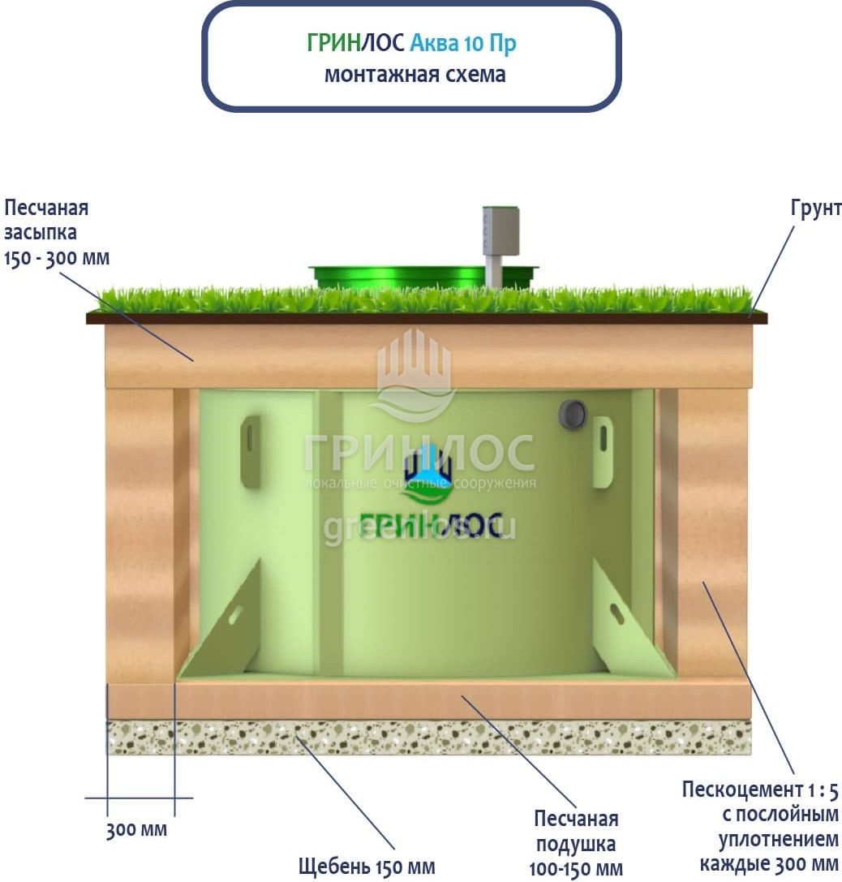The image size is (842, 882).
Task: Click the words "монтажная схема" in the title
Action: click(x=415, y=75)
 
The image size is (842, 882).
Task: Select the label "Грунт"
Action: click(x=816, y=209)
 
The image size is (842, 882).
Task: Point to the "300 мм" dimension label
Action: click(x=136, y=831)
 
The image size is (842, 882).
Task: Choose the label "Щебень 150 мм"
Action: click(x=367, y=867)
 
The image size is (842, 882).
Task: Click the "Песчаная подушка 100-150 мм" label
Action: click(x=577, y=843)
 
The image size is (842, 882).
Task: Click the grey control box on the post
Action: click(x=500, y=230)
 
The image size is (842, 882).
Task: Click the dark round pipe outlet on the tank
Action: click(x=572, y=415)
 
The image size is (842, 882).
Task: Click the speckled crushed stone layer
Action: click(x=430, y=738)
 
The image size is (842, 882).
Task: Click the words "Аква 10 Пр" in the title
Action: click(x=462, y=43)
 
